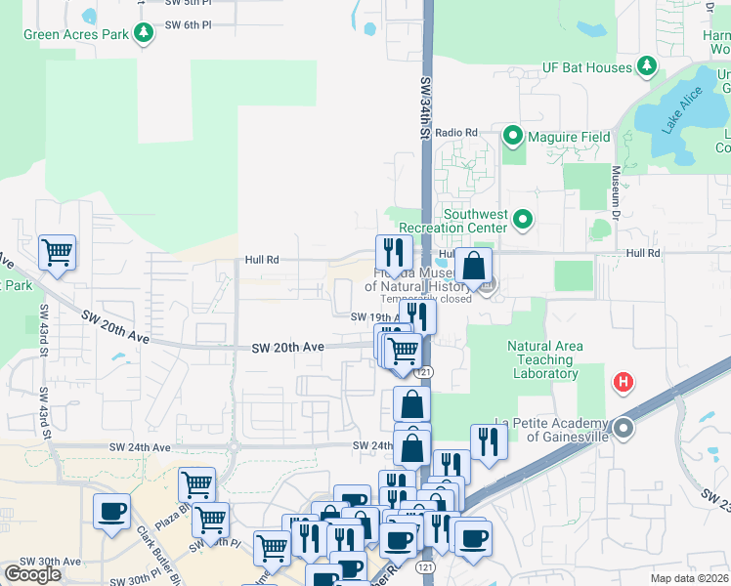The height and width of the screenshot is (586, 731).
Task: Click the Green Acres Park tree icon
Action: point(144,33)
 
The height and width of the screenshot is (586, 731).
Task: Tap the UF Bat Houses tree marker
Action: point(646,66)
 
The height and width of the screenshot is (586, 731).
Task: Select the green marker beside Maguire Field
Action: point(512,136)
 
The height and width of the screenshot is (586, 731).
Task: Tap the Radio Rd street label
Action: point(456,132)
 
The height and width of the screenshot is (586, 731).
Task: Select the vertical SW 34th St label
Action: point(426,107)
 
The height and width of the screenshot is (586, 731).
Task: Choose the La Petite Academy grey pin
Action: point(623,428)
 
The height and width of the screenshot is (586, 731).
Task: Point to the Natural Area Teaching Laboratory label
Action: point(544,359)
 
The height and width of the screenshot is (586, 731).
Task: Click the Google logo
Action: point(32,573)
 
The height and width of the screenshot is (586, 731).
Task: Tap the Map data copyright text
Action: point(689,578)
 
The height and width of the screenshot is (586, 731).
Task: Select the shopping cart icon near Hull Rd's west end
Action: point(57,252)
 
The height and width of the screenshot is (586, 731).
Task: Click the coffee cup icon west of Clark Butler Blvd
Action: point(111,511)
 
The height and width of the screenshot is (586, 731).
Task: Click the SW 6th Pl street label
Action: point(188,24)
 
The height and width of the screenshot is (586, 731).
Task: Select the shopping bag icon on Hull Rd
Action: point(473,266)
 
